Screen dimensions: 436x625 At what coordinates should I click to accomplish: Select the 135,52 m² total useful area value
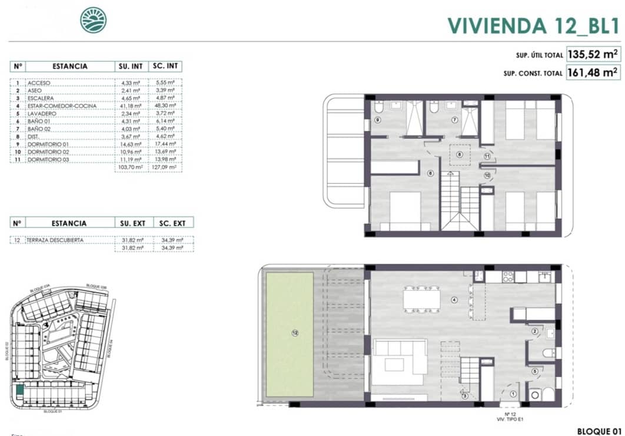click(592, 55)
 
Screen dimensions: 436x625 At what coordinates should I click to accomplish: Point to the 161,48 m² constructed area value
click(592, 73)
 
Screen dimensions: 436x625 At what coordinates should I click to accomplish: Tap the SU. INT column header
click(130, 67)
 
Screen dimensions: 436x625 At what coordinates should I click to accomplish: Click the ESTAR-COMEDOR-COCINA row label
click(58, 105)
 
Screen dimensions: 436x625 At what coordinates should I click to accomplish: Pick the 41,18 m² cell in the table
click(130, 105)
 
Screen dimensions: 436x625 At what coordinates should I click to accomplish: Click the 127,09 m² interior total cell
click(165, 167)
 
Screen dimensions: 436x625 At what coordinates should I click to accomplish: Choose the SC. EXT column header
click(172, 223)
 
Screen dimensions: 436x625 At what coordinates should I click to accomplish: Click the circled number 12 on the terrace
click(294, 333)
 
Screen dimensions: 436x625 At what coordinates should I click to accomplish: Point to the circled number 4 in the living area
click(454, 300)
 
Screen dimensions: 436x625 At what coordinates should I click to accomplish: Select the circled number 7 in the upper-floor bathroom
click(454, 120)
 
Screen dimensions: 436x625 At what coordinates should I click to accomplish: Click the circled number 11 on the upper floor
click(487, 156)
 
